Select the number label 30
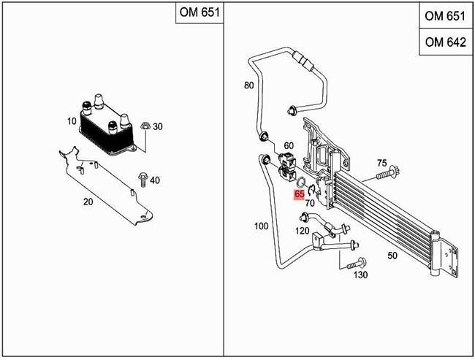pos(158,126)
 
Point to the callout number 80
pos(248,85)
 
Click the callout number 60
pos(289,146)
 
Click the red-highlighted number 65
pos(300,194)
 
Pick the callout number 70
pos(310,203)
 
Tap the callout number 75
pos(381,162)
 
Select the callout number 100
pos(261,227)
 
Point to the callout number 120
pos(301,231)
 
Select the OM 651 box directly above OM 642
pos(444,16)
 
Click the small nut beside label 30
pos(144,125)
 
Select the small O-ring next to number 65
pos(300,182)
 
